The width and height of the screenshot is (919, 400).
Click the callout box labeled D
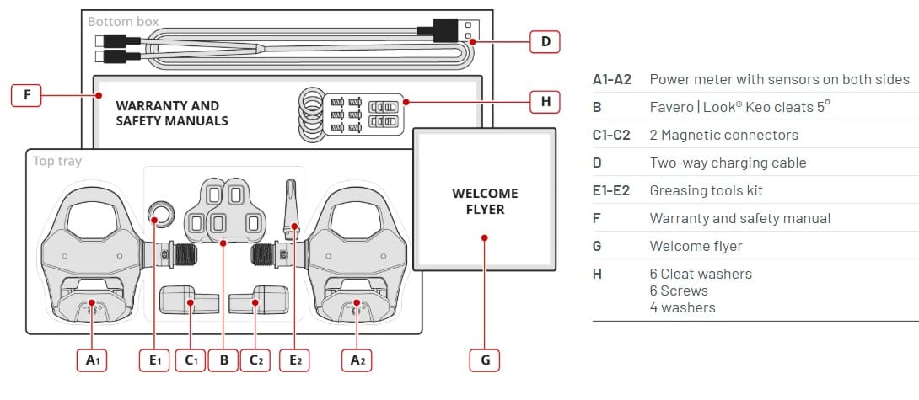pyautogui.click(x=545, y=40)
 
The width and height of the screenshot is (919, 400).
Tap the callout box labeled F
pyautogui.click(x=27, y=95)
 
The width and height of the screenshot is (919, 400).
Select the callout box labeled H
pyautogui.click(x=545, y=103)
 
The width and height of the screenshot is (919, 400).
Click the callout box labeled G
pyautogui.click(x=485, y=360)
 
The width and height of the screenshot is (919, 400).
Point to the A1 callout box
pyautogui.click(x=93, y=360)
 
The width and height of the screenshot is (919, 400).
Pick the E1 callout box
pyautogui.click(x=155, y=360)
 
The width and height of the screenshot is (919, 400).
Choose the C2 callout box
pyautogui.click(x=255, y=360)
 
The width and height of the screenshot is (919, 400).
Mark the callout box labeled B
pyautogui.click(x=223, y=360)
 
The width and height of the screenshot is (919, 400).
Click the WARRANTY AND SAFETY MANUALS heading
pyautogui.click(x=171, y=113)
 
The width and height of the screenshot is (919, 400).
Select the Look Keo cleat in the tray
pyautogui.click(x=224, y=208)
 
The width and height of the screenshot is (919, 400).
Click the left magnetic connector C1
pyautogui.click(x=189, y=299)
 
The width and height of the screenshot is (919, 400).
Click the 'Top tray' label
pyautogui.click(x=56, y=161)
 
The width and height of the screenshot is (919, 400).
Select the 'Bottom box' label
pyautogui.click(x=123, y=21)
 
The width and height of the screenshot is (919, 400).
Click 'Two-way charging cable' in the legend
pyautogui.click(x=728, y=163)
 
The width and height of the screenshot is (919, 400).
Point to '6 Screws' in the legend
pyautogui.click(x=679, y=291)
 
